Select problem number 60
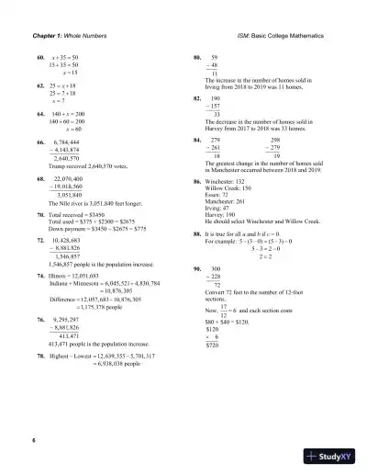pos(39,56)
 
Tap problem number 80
pos(197,56)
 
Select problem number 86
pos(197,183)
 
